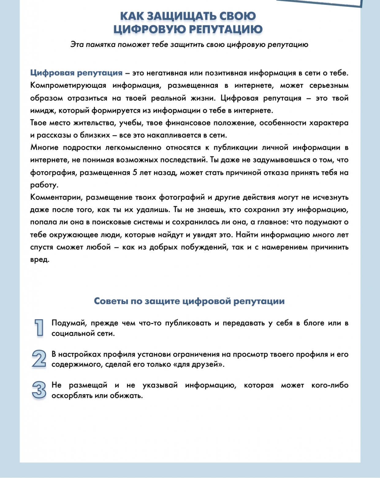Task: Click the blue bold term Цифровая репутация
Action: click(x=76, y=73)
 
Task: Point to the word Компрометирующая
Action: click(x=68, y=86)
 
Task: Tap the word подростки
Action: click(x=82, y=148)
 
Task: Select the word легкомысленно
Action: click(x=133, y=148)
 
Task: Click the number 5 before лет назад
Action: click(x=135, y=173)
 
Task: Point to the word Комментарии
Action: click(x=56, y=197)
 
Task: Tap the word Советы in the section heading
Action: click(x=110, y=301)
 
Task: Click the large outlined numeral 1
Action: click(x=39, y=328)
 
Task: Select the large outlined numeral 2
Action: click(x=39, y=359)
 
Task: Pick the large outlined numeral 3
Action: click(x=39, y=390)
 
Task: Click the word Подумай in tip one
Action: click(x=67, y=323)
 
